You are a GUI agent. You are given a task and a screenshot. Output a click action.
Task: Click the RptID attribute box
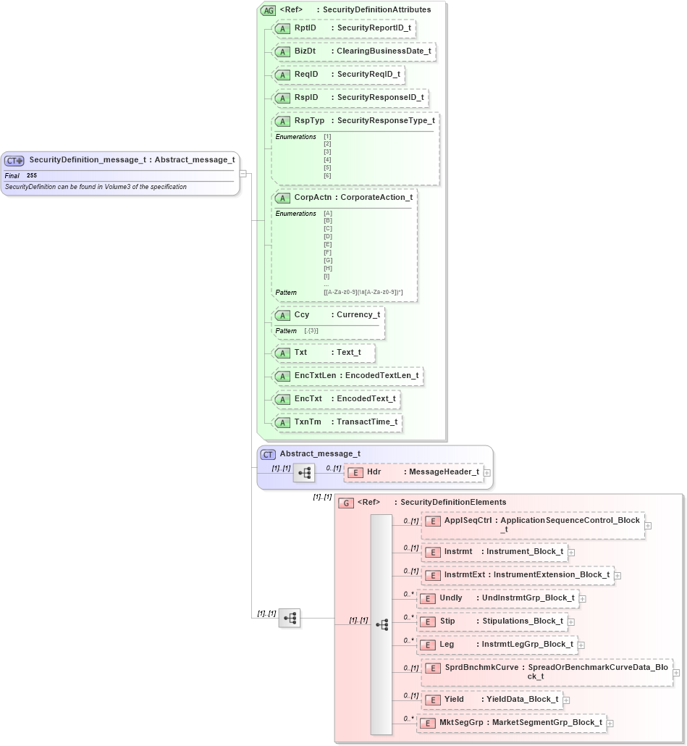[x=343, y=28]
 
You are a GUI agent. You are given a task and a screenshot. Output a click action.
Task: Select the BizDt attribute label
[x=305, y=51]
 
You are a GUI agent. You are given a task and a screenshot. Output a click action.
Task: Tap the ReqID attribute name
[x=305, y=74]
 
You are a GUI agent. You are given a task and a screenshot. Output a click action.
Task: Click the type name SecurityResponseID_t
[x=380, y=97]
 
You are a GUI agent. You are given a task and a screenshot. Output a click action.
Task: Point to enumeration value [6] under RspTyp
[x=327, y=176]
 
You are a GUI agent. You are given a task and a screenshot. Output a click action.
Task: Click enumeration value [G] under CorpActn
[x=328, y=260]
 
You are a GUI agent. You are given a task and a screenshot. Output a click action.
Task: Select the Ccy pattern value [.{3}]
[x=311, y=331]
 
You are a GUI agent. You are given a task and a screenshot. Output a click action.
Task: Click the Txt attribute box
[x=324, y=353]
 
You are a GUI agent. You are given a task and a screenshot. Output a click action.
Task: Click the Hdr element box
[x=413, y=472]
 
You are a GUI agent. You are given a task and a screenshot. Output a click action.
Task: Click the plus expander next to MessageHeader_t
[x=487, y=473]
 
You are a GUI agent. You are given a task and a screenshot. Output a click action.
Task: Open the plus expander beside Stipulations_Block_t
[x=571, y=621]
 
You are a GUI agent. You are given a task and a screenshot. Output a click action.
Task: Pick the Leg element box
[x=497, y=644]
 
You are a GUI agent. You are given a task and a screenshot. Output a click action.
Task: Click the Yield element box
[x=492, y=700]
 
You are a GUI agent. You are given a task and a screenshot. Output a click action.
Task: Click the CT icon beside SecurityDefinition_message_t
[x=14, y=161]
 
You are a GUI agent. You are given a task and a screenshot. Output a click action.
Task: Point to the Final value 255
[x=32, y=175]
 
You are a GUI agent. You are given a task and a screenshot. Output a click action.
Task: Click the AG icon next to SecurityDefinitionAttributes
[x=269, y=10]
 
